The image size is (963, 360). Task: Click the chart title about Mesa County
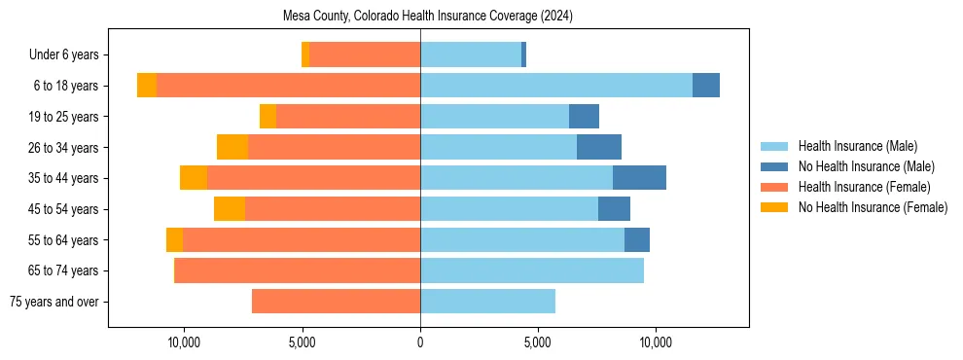pyautogui.click(x=428, y=17)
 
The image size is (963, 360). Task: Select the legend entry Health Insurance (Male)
pyautogui.click(x=856, y=146)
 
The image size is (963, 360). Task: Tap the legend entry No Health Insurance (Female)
pyautogui.click(x=873, y=207)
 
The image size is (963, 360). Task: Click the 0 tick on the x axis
pyautogui.click(x=420, y=342)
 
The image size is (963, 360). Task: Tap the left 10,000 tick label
pyautogui.click(x=184, y=342)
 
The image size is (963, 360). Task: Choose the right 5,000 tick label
pyautogui.click(x=538, y=342)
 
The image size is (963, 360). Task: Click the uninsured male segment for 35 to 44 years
pyautogui.click(x=639, y=178)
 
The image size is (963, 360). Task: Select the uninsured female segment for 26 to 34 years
pyautogui.click(x=232, y=147)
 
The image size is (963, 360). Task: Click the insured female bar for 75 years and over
pyautogui.click(x=336, y=302)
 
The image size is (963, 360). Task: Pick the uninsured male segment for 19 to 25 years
pyautogui.click(x=584, y=117)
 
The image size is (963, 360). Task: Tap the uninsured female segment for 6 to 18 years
pyautogui.click(x=147, y=86)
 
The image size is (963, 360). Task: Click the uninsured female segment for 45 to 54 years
pyautogui.click(x=230, y=209)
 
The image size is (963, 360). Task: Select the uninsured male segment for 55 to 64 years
pyautogui.click(x=637, y=239)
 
